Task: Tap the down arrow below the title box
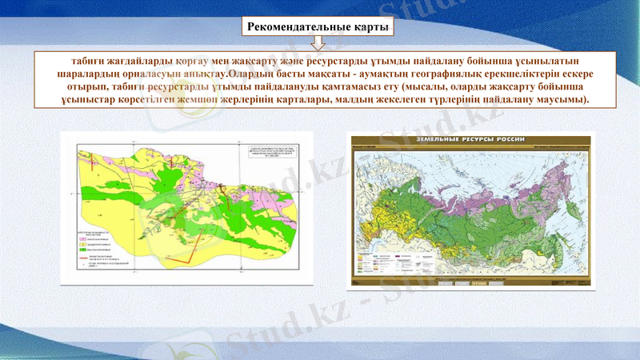[x=318, y=44]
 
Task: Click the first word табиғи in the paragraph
[x=88, y=62]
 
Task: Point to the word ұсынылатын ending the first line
[x=546, y=62]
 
